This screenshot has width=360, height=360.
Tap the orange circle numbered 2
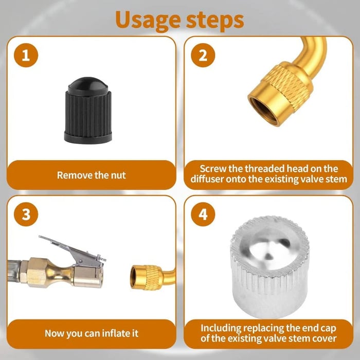click(203, 56)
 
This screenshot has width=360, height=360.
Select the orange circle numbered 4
click(203, 214)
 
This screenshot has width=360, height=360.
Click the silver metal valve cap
click(269, 268)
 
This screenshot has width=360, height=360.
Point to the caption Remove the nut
click(91, 175)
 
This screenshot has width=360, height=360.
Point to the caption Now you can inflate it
click(91, 333)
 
